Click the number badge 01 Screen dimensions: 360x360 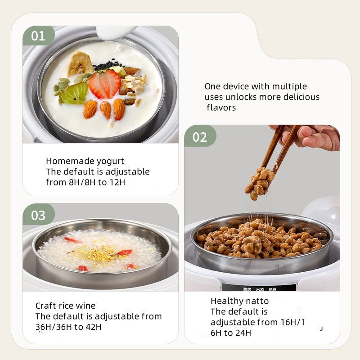(x=38, y=36)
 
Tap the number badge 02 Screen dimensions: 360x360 (x=200, y=136)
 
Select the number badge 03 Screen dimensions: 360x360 (x=38, y=215)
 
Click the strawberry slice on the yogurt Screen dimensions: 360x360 (x=104, y=84)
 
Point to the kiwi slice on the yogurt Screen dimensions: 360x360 (x=74, y=94)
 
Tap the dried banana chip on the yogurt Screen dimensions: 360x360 (x=80, y=63)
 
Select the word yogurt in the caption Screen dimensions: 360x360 (x=109, y=161)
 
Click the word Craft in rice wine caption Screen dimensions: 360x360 (x=47, y=306)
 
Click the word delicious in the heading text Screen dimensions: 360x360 (x=300, y=97)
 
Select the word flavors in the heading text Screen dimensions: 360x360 (x=221, y=108)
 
